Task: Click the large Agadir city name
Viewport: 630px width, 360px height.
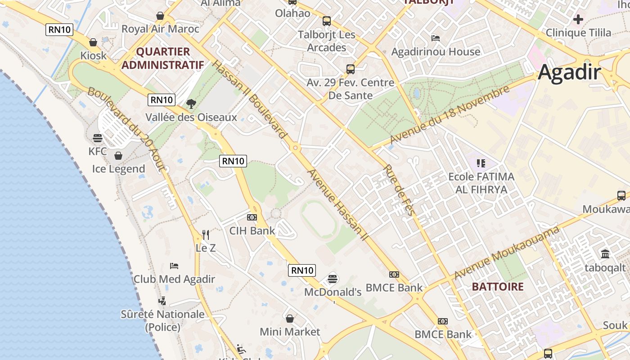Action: (569, 72)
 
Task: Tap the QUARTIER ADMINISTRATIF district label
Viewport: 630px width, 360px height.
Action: (163, 58)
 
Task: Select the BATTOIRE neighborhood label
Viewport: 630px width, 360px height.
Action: (498, 287)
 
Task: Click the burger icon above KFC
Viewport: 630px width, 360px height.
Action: (98, 138)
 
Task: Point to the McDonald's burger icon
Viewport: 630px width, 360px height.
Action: (333, 279)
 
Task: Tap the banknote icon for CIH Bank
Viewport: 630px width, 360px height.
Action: (252, 217)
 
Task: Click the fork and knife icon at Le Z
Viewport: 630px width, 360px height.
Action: (206, 234)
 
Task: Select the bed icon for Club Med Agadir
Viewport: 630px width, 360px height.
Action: (174, 266)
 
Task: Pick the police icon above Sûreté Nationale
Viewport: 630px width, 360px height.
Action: (162, 301)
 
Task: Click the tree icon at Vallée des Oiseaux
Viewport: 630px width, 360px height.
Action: (191, 104)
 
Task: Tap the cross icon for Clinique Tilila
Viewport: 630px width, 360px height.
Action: (578, 19)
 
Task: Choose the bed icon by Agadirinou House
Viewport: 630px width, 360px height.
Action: (436, 38)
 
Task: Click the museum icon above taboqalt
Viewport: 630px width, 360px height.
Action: (605, 254)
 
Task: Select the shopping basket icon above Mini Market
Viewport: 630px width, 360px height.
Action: (290, 319)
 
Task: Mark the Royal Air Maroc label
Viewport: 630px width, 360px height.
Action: (160, 29)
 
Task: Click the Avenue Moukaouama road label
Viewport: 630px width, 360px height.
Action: (507, 253)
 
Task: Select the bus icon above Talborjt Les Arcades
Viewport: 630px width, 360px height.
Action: (327, 21)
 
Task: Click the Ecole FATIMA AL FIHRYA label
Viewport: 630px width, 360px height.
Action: (481, 183)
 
